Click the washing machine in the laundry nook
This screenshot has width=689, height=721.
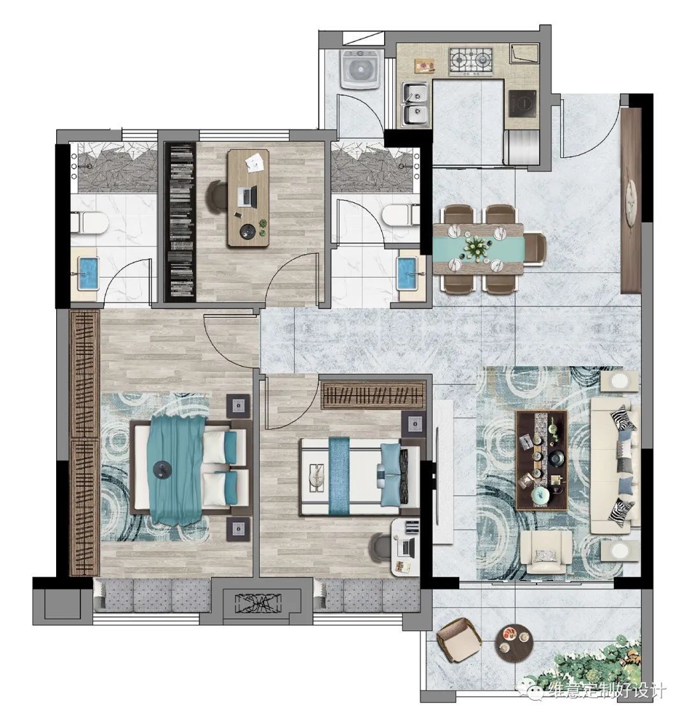pyautogui.click(x=360, y=70)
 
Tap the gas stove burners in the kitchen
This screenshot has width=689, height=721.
pyautogui.click(x=471, y=61)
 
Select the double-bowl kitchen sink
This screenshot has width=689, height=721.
pyautogui.click(x=415, y=104)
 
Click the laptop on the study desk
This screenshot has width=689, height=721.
pyautogui.click(x=249, y=196)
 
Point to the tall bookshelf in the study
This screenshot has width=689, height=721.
pyautogui.click(x=181, y=222)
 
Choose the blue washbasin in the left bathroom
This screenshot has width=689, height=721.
pyautogui.click(x=88, y=273)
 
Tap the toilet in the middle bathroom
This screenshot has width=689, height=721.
pyautogui.click(x=401, y=215)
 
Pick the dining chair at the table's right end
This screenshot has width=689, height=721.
pyautogui.click(x=535, y=249)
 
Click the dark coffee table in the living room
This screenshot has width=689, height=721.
pyautogui.click(x=542, y=460)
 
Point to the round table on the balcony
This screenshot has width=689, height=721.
pyautogui.click(x=513, y=642)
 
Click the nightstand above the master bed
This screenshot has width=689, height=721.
pyautogui.click(x=239, y=406)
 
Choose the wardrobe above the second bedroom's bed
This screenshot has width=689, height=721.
pyautogui.click(x=373, y=395)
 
